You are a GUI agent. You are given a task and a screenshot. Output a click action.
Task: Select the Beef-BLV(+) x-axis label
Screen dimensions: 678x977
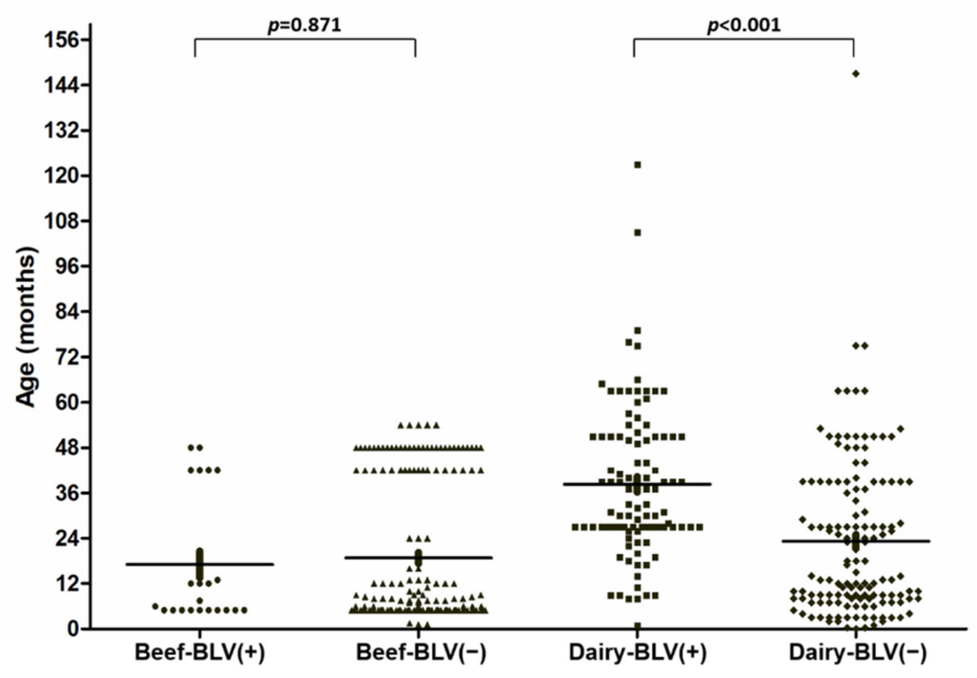pyautogui.click(x=200, y=653)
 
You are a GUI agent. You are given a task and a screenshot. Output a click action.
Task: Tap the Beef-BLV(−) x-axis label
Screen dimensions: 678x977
pyautogui.click(x=420, y=653)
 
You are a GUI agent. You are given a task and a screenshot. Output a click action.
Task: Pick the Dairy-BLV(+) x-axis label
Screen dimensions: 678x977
pyautogui.click(x=638, y=653)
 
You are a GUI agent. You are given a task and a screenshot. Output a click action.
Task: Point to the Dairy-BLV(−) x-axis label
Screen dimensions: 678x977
pyautogui.click(x=857, y=653)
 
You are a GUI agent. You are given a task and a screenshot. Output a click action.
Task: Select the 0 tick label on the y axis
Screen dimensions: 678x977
pyautogui.click(x=74, y=629)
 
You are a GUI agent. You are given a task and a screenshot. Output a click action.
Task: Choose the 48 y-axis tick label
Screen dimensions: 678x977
pyautogui.click(x=67, y=448)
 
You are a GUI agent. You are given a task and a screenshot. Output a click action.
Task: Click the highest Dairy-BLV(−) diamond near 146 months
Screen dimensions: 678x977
pyautogui.click(x=856, y=74)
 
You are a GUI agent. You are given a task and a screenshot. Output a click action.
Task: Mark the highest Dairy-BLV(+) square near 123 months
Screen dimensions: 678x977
pyautogui.click(x=638, y=165)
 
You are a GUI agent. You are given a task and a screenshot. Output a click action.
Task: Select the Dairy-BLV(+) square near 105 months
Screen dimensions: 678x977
pyautogui.click(x=638, y=232)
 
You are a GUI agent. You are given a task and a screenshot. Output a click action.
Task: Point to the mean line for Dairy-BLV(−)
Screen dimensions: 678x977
pyautogui.click(x=892, y=541)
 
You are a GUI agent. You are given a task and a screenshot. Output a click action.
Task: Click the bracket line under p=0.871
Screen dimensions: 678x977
pyautogui.click(x=305, y=39)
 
